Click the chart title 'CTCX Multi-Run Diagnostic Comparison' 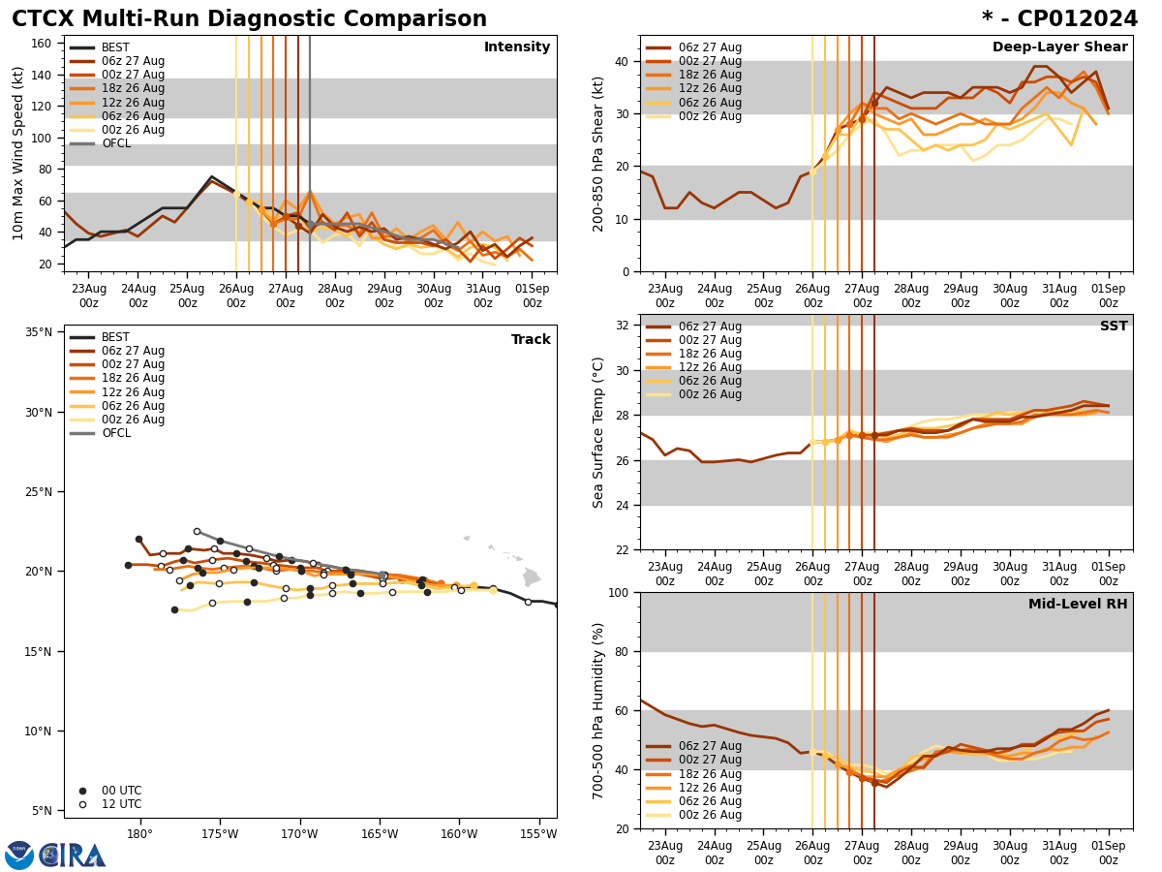pyautogui.click(x=249, y=19)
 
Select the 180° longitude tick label pyautogui.click(x=139, y=834)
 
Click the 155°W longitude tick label pyautogui.click(x=538, y=834)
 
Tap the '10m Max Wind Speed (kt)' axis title pyautogui.click(x=18, y=153)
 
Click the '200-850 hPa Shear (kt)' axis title pyautogui.click(x=598, y=153)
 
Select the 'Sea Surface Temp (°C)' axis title pyautogui.click(x=598, y=432)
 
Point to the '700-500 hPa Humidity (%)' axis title pyautogui.click(x=598, y=710)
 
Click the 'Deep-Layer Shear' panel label pyautogui.click(x=1059, y=47)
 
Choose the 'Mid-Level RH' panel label pyautogui.click(x=1078, y=605)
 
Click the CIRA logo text pyautogui.click(x=72, y=856)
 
